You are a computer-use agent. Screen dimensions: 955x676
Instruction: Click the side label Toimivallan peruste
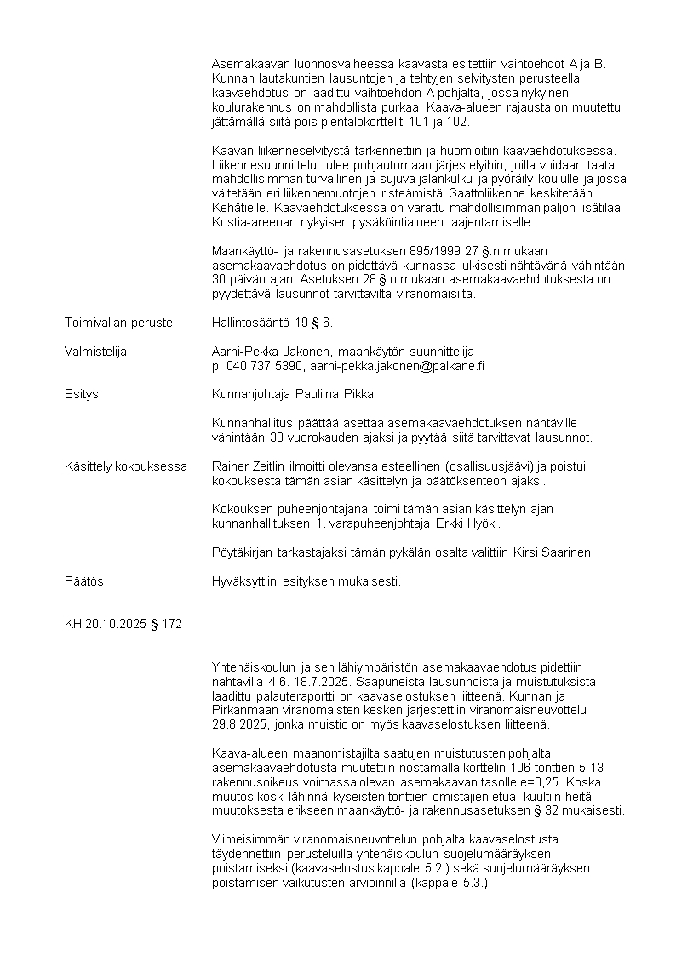[118, 323]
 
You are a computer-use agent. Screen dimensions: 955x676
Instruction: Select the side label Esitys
[82, 394]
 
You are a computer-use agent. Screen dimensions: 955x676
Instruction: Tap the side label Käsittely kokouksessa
[126, 466]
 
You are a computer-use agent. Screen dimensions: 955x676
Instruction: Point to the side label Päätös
[84, 581]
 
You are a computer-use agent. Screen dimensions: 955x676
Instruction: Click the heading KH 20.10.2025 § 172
[123, 624]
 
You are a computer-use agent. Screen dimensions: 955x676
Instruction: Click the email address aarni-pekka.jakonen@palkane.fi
[409, 365]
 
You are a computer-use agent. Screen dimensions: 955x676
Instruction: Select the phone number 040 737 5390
[263, 365]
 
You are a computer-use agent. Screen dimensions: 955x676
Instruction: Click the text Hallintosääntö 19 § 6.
[272, 323]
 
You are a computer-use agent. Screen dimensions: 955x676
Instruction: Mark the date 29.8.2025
[239, 725]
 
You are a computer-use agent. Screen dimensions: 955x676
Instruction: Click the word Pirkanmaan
[247, 711]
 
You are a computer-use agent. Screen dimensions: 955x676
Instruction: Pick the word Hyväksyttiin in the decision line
[243, 581]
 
